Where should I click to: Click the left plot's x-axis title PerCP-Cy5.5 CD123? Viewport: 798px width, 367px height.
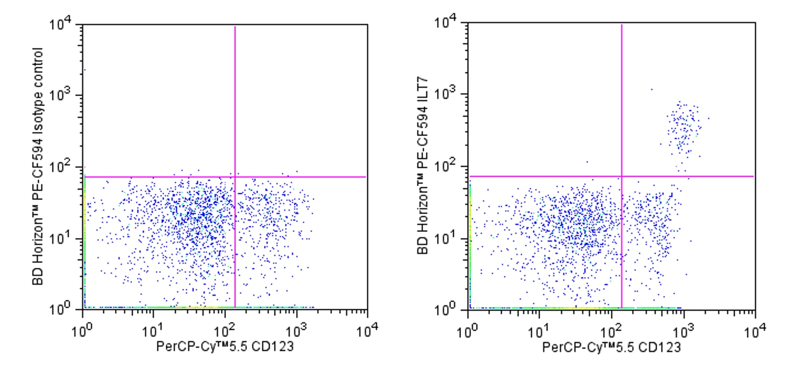coord(225,346)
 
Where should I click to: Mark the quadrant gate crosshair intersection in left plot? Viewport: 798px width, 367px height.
coord(234,177)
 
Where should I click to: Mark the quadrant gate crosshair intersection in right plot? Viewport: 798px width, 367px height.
coord(622,176)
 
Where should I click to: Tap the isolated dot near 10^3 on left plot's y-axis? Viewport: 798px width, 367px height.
coord(85,70)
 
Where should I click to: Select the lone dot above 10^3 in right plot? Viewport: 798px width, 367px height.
coord(652,90)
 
